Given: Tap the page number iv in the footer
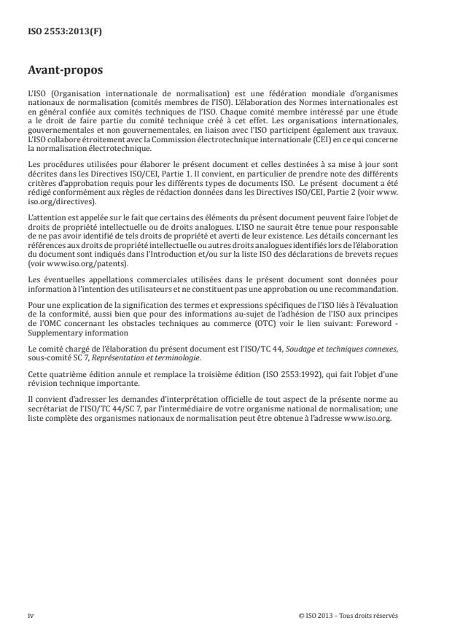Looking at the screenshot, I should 31,615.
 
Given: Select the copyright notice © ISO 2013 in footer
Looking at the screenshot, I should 348,615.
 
